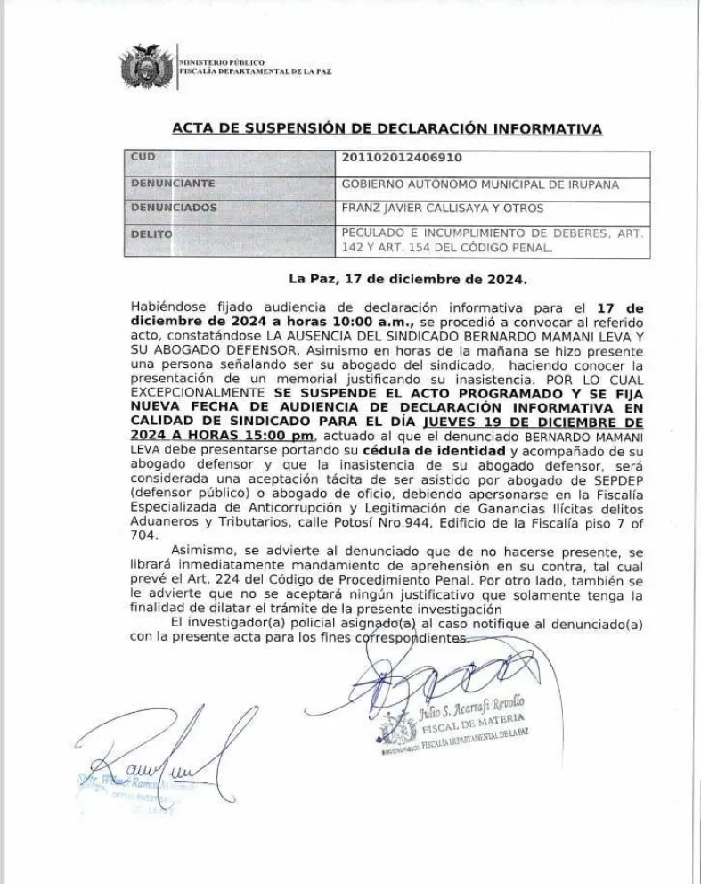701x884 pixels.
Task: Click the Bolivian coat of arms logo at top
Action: [x=148, y=66]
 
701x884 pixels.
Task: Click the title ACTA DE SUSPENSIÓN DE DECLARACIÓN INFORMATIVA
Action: [x=387, y=129]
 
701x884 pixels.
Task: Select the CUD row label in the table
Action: [x=143, y=158]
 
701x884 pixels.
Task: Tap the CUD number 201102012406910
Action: [x=403, y=158]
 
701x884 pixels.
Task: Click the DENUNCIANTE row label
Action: [x=173, y=184]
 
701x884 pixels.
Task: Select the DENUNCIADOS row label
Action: [x=174, y=208]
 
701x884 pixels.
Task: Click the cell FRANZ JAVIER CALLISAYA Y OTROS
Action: [x=443, y=209]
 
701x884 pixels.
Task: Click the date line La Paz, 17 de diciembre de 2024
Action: [x=408, y=278]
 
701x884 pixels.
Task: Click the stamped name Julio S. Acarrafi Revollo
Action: [x=472, y=703]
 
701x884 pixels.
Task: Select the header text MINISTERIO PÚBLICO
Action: [x=222, y=61]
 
